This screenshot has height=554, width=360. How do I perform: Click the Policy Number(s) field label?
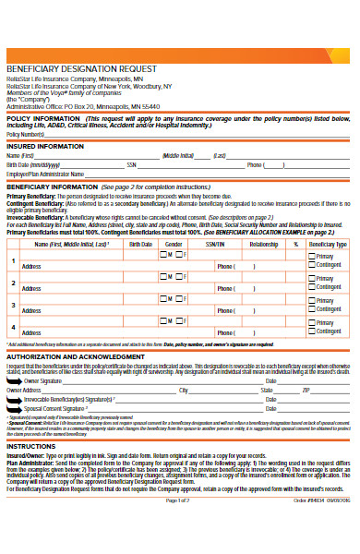(26, 135)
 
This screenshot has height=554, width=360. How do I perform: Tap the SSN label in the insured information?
(132, 164)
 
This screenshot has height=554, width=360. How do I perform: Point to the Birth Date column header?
(141, 245)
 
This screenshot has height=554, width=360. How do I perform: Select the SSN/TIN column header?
(215, 245)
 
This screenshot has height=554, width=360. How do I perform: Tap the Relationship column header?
(264, 245)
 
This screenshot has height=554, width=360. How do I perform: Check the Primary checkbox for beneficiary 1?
(312, 256)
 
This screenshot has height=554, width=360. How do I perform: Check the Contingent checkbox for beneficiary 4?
(312, 333)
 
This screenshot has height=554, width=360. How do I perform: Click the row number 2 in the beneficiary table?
(12, 283)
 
